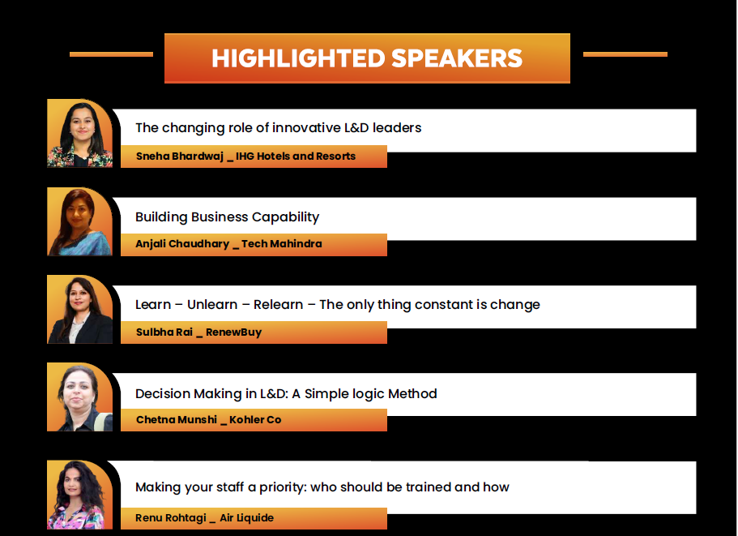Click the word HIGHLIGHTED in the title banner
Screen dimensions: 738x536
(x=298, y=58)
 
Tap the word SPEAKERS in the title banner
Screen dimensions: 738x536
(x=457, y=58)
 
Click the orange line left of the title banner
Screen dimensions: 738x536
(x=111, y=54)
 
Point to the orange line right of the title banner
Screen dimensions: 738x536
(x=625, y=54)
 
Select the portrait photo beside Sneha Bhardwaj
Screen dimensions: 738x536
(x=80, y=133)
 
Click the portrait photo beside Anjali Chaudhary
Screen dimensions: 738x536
(x=80, y=221)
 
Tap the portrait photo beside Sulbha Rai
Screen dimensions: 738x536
(x=80, y=310)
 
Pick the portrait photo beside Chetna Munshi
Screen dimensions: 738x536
(x=80, y=397)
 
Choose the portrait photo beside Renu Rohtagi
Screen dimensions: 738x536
(x=80, y=495)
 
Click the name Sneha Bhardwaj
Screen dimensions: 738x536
(x=180, y=157)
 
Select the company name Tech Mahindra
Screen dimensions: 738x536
(x=282, y=244)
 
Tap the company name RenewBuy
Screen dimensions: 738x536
(x=233, y=332)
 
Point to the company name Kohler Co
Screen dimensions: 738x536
(x=255, y=420)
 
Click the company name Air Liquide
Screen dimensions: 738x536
(x=246, y=517)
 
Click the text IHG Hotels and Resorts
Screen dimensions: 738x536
(x=296, y=157)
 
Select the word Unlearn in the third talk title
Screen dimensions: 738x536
(x=212, y=305)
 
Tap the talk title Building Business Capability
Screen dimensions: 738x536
(x=228, y=217)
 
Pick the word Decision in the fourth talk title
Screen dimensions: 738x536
(x=162, y=394)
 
